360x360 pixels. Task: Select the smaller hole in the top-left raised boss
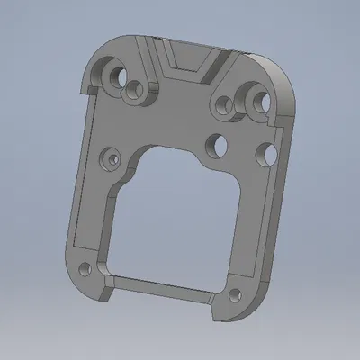pos(137,90)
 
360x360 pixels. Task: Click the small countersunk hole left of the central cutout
pos(110,158)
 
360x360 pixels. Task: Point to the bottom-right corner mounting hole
pos(236,295)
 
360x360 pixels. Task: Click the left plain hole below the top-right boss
pos(218,143)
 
